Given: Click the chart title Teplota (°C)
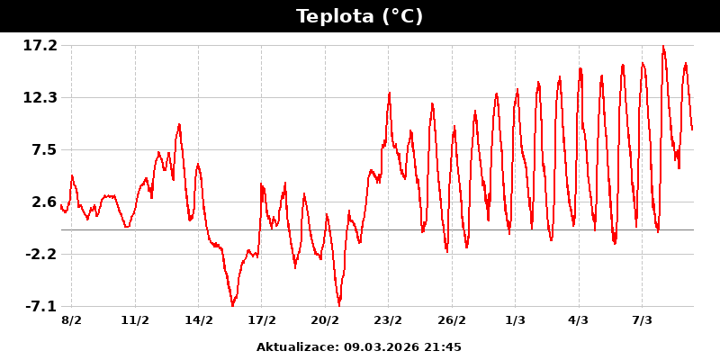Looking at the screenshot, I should point(359,16).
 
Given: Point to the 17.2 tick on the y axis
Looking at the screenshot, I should point(40,45).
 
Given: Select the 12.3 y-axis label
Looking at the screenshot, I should point(40,97).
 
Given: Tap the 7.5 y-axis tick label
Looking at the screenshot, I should point(43,149).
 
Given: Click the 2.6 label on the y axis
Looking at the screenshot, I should point(43,202).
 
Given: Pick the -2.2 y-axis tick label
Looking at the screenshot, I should point(40,254).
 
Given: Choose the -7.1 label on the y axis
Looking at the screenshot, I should point(40,306).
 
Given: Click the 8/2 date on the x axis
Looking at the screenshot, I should point(72,319).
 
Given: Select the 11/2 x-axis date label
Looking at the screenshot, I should point(135,319).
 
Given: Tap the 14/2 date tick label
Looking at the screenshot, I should point(199,319).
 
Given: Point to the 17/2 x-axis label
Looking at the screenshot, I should point(262,319).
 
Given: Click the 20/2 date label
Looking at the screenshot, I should point(325,319).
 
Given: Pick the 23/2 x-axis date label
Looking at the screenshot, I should point(388,319).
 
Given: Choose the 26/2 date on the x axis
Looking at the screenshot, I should point(452,319).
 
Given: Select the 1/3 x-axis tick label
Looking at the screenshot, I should point(515,319).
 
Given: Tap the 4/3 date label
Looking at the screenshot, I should point(578,319).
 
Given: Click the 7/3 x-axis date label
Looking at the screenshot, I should point(642,319).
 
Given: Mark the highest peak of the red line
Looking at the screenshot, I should point(663,47).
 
